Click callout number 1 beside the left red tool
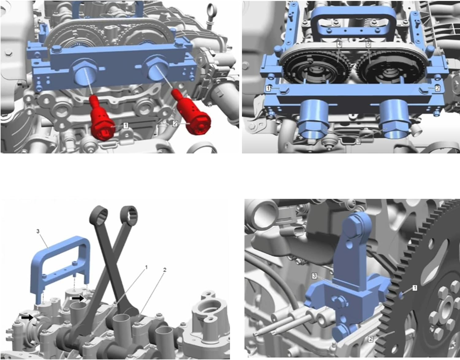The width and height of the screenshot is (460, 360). tap(126, 126)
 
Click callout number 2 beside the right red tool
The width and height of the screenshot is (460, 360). tap(175, 124)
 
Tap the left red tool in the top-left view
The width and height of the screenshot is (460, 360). tap(103, 118)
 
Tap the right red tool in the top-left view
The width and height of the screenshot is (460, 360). tap(191, 114)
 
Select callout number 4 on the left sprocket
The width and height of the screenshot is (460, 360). tap(339, 44)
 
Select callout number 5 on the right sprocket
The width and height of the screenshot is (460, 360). tap(368, 44)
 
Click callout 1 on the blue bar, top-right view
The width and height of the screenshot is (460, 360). tap(268, 88)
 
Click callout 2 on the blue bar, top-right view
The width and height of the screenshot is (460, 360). tap(437, 88)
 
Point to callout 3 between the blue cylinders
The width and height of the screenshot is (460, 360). tap(358, 141)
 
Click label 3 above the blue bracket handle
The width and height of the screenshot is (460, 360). tap(38, 231)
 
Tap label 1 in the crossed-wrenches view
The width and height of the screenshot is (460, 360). tap(146, 267)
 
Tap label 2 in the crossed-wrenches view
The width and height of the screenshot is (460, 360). tap(164, 269)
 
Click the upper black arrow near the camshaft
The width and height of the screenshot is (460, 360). tap(78, 298)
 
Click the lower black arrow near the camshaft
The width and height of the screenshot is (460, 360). tap(27, 317)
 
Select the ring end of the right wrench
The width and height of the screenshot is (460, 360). tap(129, 213)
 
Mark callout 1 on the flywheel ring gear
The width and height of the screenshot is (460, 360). tap(414, 288)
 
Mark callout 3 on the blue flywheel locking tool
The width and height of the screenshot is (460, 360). tap(314, 276)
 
